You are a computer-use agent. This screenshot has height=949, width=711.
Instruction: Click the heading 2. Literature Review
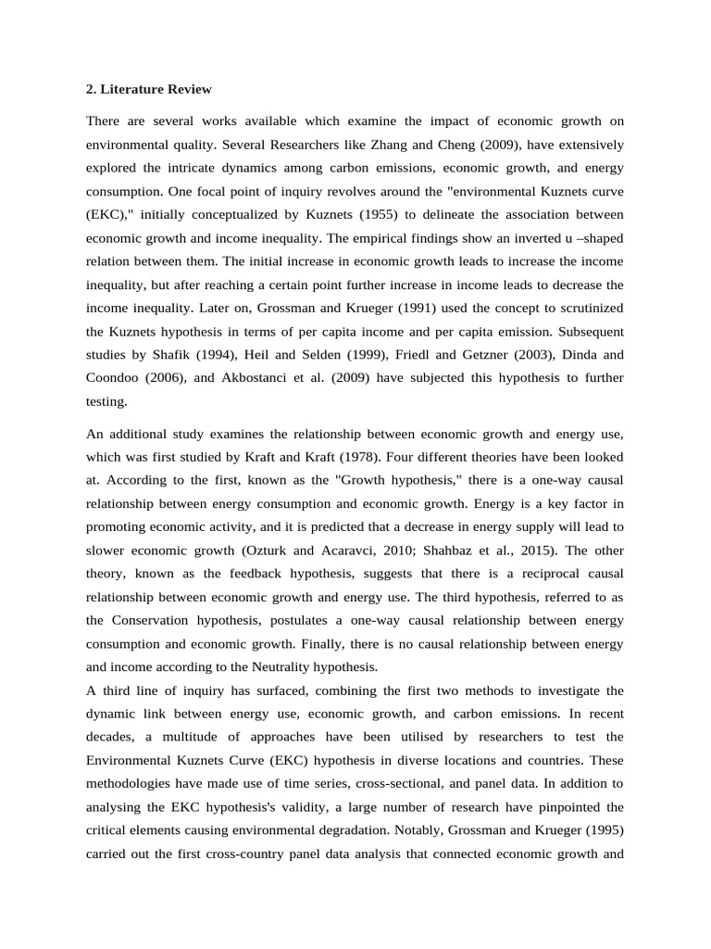coord(148,90)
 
